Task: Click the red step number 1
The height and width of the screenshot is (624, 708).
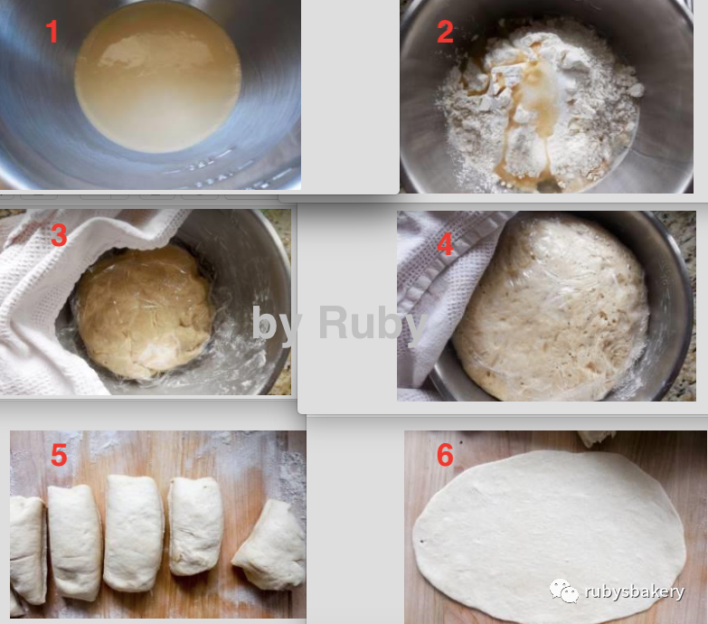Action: click(52, 32)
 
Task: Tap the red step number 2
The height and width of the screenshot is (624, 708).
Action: click(445, 32)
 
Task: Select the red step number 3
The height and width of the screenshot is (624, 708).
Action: click(59, 235)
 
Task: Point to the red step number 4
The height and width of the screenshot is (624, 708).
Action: click(445, 244)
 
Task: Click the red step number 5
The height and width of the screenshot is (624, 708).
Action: click(59, 455)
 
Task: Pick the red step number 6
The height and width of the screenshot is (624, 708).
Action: click(445, 455)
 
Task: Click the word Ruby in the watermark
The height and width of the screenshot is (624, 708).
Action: click(373, 323)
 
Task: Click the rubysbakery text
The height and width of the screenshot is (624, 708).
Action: click(635, 591)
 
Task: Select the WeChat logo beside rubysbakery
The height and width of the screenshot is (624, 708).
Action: click(563, 591)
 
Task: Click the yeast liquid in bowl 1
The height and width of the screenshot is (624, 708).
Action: click(157, 78)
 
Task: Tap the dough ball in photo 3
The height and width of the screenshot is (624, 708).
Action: click(144, 312)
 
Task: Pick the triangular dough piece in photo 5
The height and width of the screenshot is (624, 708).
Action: click(270, 545)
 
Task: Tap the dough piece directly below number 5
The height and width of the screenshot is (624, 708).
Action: click(74, 542)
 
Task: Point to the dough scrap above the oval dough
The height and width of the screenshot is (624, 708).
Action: click(596, 438)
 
